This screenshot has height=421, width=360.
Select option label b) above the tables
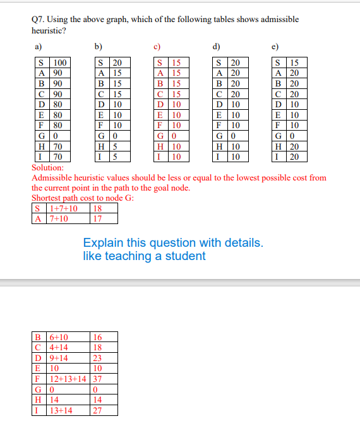coord(98,46)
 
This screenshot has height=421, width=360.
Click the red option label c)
coord(158,46)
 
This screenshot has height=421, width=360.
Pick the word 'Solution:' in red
coord(47,169)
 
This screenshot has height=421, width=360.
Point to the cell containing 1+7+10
coord(64,209)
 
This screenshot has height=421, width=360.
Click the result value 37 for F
coord(97,379)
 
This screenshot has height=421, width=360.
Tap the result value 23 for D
coord(97,359)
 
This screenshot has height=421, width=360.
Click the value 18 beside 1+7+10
coord(97,209)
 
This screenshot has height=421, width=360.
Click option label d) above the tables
coord(217,46)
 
